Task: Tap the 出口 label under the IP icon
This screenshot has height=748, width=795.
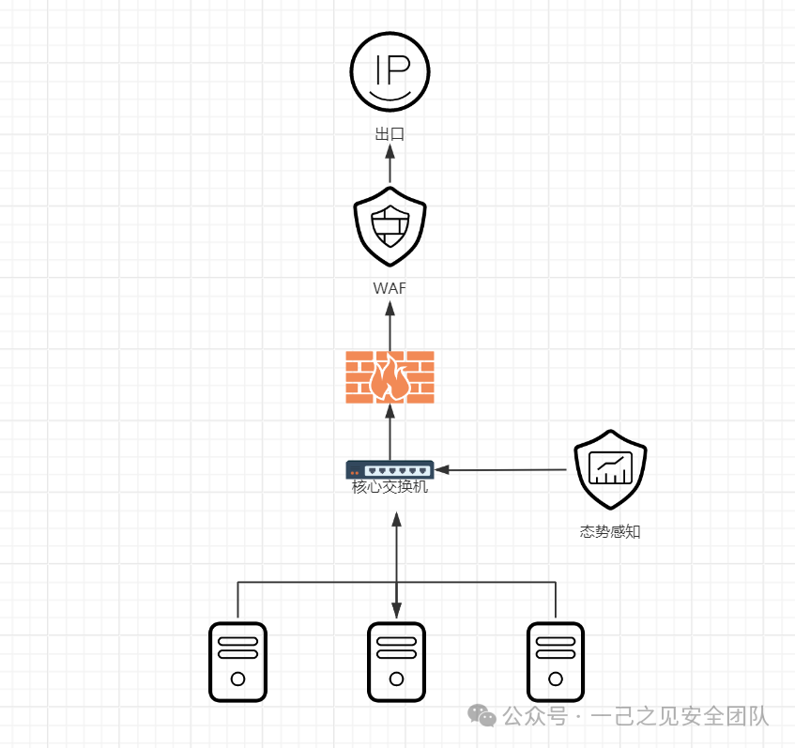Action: tap(390, 134)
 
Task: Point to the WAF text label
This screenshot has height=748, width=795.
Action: tap(390, 288)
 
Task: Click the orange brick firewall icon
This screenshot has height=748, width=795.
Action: tap(390, 377)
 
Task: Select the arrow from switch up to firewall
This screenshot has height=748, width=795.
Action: tap(390, 432)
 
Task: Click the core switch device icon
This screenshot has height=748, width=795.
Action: tap(390, 469)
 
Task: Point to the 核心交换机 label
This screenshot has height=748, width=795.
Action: tap(390, 487)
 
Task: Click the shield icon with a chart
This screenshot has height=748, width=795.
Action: tap(611, 469)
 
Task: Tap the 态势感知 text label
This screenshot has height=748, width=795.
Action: tap(610, 531)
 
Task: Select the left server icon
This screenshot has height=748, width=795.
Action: tap(237, 662)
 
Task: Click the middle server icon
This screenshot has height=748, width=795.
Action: tap(396, 662)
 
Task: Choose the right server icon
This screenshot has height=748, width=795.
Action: tap(556, 662)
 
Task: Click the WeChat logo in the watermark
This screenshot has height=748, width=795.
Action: tap(482, 716)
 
